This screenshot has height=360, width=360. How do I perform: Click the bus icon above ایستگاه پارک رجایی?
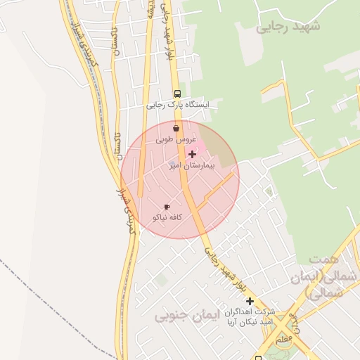pyautogui.click(x=177, y=94)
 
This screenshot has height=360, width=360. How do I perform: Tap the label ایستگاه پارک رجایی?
pyautogui.click(x=178, y=105)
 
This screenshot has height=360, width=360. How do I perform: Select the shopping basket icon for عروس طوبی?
pyautogui.click(x=175, y=129)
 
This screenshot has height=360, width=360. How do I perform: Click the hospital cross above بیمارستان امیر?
pyautogui.click(x=192, y=153)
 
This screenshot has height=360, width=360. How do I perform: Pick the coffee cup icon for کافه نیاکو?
pyautogui.click(x=167, y=207)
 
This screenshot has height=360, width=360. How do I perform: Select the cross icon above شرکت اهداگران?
pyautogui.click(x=249, y=300)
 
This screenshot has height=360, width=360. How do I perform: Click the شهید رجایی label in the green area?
pyautogui.click(x=288, y=27)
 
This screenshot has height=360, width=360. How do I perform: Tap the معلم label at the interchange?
pyautogui.click(x=284, y=340)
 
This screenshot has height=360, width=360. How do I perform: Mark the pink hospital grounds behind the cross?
pyautogui.click(x=200, y=147)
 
